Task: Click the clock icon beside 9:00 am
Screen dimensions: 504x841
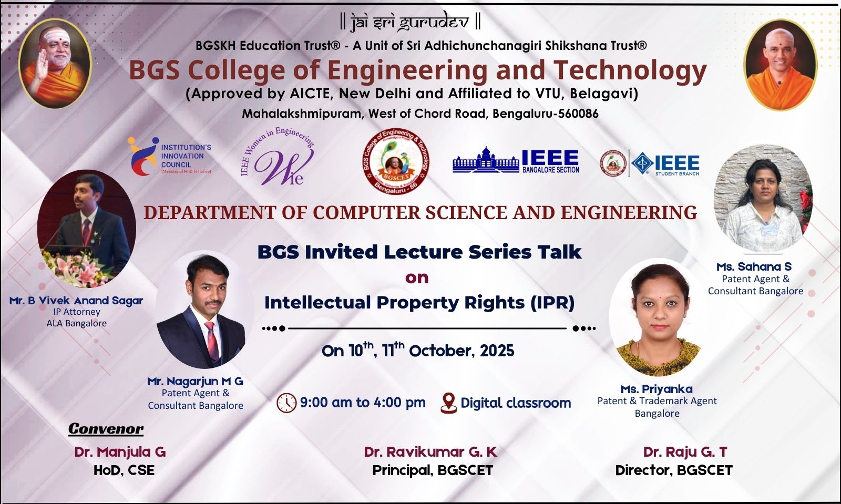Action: (x=286, y=403)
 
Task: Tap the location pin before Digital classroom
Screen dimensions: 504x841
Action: (x=448, y=403)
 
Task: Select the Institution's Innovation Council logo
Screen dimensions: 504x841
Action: (x=169, y=156)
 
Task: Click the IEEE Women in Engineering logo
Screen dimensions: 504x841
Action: (x=278, y=158)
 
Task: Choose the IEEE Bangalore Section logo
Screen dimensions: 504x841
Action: (x=516, y=160)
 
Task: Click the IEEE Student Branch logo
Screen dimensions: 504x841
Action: (x=651, y=163)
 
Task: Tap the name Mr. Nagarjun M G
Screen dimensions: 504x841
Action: (x=195, y=382)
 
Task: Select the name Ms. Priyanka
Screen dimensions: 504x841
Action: (x=657, y=389)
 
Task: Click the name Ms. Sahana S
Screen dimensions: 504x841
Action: (x=754, y=267)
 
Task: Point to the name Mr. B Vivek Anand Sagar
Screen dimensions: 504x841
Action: (x=76, y=301)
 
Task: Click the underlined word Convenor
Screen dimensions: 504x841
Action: (x=106, y=429)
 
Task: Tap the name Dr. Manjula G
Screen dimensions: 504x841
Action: (x=120, y=452)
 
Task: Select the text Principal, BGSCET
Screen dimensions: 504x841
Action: (x=433, y=470)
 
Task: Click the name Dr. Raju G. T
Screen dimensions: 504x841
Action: (x=685, y=452)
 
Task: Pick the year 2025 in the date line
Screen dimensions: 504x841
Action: (x=496, y=351)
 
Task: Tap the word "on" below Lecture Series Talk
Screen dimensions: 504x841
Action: (x=417, y=278)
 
